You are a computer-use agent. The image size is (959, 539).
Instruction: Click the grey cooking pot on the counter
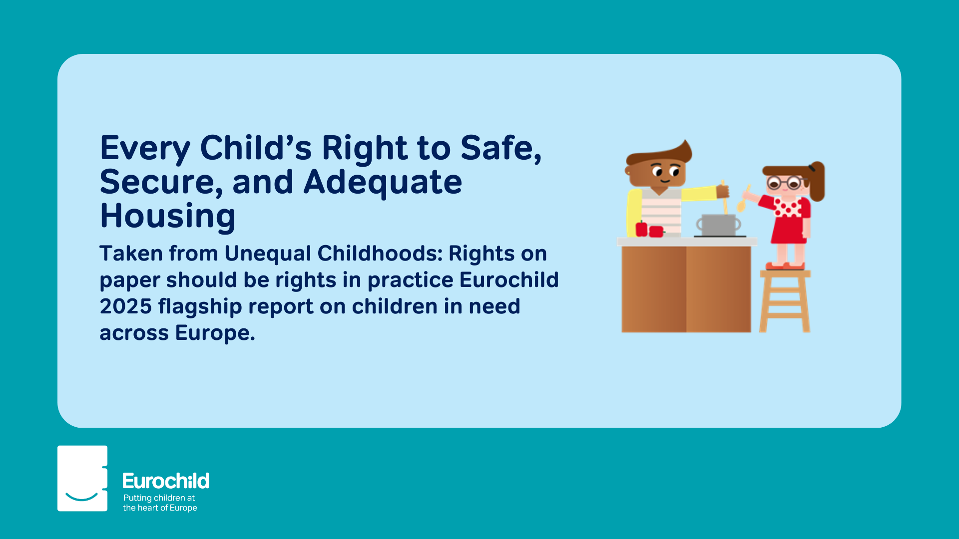click(718, 225)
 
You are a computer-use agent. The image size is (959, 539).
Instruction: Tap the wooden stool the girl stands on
click(785, 301)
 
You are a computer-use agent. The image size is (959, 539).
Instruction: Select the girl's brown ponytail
click(817, 181)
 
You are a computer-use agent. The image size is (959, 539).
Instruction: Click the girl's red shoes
click(785, 266)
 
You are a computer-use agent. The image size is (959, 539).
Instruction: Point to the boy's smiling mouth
click(665, 180)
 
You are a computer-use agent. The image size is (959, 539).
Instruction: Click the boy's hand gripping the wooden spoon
click(722, 191)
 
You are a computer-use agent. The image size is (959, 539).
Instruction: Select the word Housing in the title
click(168, 216)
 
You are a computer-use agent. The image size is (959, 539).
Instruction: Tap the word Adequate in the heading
click(383, 182)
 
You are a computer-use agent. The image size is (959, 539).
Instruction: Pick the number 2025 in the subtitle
click(125, 306)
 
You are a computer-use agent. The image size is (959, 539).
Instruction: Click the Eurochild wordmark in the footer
click(166, 481)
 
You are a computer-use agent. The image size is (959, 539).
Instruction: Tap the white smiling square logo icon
click(82, 478)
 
